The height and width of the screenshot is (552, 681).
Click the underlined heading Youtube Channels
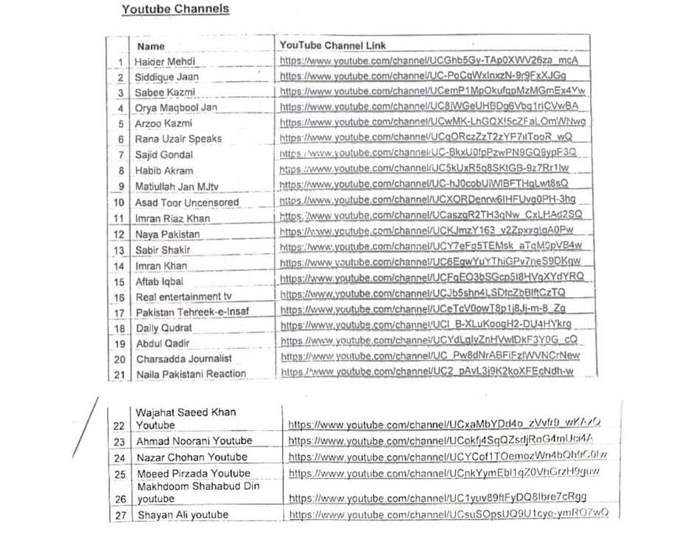pos(175,10)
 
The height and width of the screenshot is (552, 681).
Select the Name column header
pos(151,46)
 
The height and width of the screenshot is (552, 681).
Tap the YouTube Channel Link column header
pos(332,45)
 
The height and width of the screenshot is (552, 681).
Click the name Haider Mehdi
pos(165,61)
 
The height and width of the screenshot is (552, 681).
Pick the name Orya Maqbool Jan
pos(176,108)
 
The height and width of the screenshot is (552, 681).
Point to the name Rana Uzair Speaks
pos(178,139)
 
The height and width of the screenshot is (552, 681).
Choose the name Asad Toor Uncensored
pos(187,202)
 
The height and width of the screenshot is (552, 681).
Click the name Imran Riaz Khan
pos(172,218)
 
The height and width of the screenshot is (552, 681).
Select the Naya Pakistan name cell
pos(167,234)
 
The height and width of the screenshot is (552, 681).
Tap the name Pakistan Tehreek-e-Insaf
pos(192,312)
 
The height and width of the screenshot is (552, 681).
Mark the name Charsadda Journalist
pos(183,358)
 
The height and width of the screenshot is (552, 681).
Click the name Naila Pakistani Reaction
pos(191,374)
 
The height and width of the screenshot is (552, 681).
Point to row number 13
pos(119,250)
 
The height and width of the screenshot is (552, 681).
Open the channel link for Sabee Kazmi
pos(433,92)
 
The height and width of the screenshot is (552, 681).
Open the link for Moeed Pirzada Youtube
pos(445,473)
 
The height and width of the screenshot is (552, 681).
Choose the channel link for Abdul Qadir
pos(429,341)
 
